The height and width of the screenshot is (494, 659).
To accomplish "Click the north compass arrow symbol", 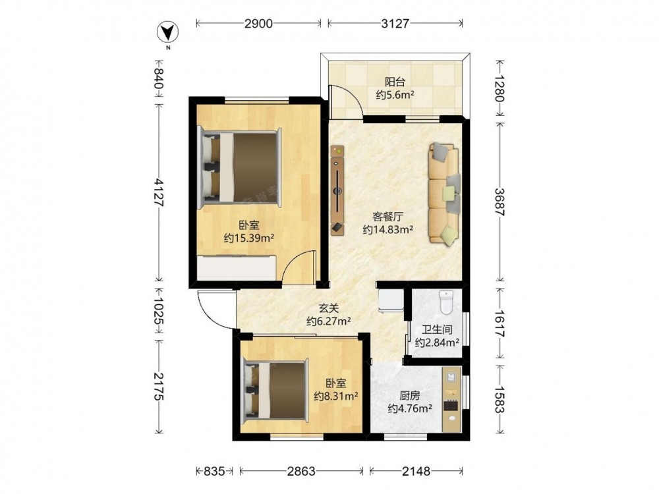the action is pyautogui.click(x=167, y=32).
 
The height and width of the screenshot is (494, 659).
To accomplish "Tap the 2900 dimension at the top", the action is pyautogui.click(x=258, y=24).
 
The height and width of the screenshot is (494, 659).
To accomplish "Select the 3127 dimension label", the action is pyautogui.click(x=395, y=24).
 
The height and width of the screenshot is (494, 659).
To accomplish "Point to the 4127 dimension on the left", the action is pyautogui.click(x=159, y=192).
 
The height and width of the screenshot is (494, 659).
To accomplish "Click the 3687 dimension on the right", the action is pyautogui.click(x=500, y=202).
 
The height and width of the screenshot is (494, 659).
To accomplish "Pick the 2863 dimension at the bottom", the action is pyautogui.click(x=301, y=472).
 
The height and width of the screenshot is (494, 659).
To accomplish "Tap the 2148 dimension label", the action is pyautogui.click(x=416, y=472).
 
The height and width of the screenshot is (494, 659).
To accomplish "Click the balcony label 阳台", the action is pyautogui.click(x=395, y=82).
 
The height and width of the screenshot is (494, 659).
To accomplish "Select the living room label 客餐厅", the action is pyautogui.click(x=388, y=217).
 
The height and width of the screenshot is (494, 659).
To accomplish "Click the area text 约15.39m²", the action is pyautogui.click(x=249, y=238).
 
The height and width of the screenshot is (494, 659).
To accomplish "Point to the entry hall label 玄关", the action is pyautogui.click(x=329, y=308).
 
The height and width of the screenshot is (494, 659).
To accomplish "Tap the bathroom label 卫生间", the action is pyautogui.click(x=437, y=330).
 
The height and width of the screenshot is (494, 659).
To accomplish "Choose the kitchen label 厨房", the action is pyautogui.click(x=410, y=396).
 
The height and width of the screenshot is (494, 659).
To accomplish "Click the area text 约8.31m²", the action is pyautogui.click(x=336, y=396).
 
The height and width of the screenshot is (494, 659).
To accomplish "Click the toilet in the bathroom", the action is pyautogui.click(x=446, y=302).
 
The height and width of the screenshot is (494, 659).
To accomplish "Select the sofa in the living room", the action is pyautogui.click(x=444, y=193).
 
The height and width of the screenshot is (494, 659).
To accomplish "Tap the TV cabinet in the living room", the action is pyautogui.click(x=337, y=190).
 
